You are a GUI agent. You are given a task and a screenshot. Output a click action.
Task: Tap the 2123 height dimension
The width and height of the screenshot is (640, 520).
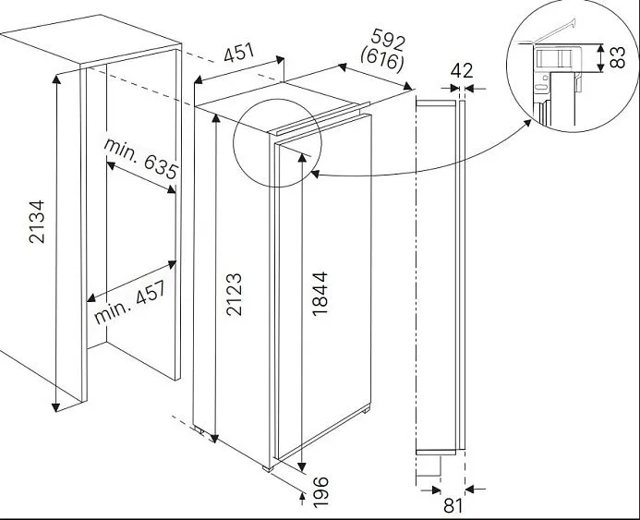pyautogui.click(x=235, y=293)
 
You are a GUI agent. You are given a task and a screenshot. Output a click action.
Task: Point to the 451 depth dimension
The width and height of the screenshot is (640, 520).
pyautogui.click(x=240, y=54)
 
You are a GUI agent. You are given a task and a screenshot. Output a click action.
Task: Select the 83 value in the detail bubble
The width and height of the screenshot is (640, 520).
pyautogui.click(x=618, y=58)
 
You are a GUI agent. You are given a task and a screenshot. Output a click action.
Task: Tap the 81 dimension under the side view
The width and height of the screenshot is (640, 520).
pyautogui.click(x=453, y=504)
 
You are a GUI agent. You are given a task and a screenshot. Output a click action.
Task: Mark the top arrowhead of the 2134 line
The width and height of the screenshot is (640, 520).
pyautogui.click(x=57, y=79)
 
